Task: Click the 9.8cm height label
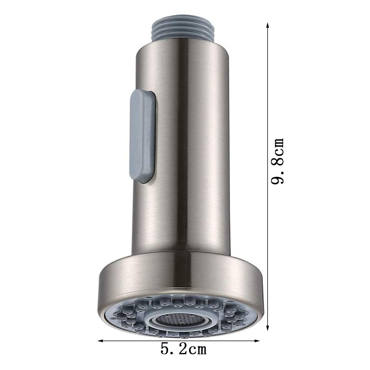click(x=277, y=161)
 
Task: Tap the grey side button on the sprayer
click(x=142, y=136)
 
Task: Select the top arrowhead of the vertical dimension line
click(x=268, y=25)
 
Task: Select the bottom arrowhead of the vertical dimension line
click(x=268, y=327)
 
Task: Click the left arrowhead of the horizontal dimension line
click(x=101, y=341)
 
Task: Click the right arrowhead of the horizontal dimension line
click(x=256, y=341)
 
